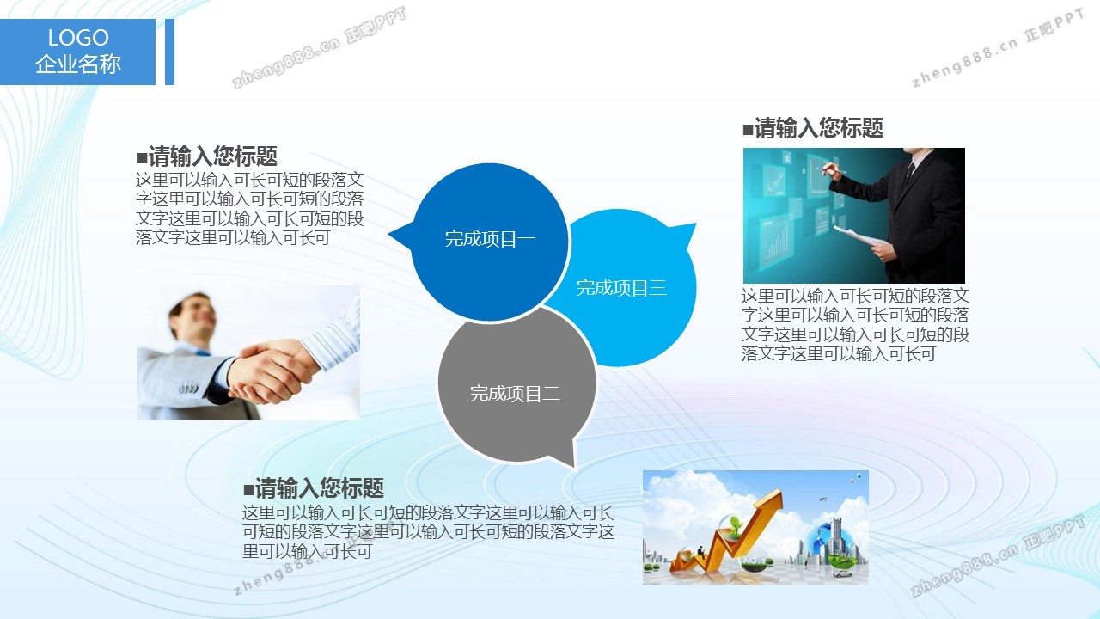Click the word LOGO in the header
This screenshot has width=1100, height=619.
[78, 37]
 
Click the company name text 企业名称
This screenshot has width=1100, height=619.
[78, 64]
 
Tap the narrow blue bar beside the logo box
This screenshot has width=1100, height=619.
[169, 52]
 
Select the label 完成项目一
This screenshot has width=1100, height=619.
[490, 239]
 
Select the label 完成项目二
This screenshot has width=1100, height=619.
[515, 394]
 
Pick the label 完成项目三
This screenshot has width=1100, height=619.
[621, 288]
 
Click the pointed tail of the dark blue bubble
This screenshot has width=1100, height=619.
[390, 234]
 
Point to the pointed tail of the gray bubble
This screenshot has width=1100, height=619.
[573, 465]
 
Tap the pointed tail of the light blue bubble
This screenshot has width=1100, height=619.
[694, 225]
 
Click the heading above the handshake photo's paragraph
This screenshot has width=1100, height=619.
[207, 156]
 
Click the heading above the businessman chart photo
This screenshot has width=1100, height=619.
[813, 128]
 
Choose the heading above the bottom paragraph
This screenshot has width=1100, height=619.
[314, 487]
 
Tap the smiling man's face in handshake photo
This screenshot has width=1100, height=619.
[195, 317]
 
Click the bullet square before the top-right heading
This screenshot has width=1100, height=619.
[748, 130]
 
